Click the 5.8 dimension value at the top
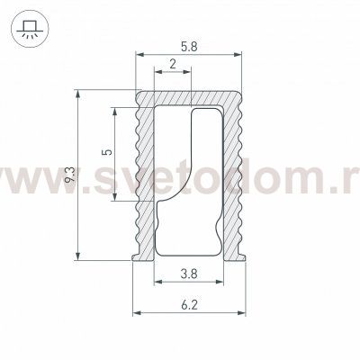(190, 45)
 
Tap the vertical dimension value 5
(107, 154)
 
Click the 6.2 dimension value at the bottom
(190, 306)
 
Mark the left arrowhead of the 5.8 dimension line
(139, 56)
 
